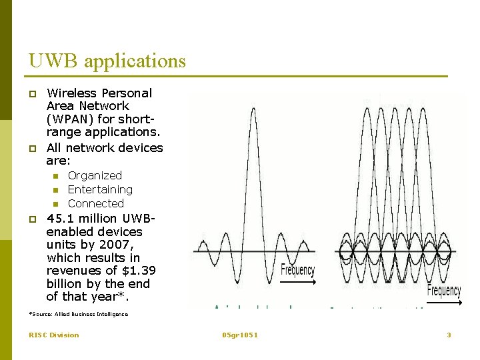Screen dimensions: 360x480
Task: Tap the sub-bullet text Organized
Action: (95, 175)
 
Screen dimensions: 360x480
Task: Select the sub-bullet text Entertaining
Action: (100, 190)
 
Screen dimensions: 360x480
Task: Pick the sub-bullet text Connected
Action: (96, 203)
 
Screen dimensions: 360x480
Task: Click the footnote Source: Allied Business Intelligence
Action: (79, 313)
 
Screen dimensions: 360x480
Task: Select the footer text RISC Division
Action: (53, 335)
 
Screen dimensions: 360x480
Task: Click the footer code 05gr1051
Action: (240, 335)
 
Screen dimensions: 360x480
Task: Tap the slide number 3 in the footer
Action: (449, 335)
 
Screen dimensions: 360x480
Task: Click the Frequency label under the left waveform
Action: (297, 270)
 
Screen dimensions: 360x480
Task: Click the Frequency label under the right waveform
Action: (443, 291)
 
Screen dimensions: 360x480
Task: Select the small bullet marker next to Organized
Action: (56, 176)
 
